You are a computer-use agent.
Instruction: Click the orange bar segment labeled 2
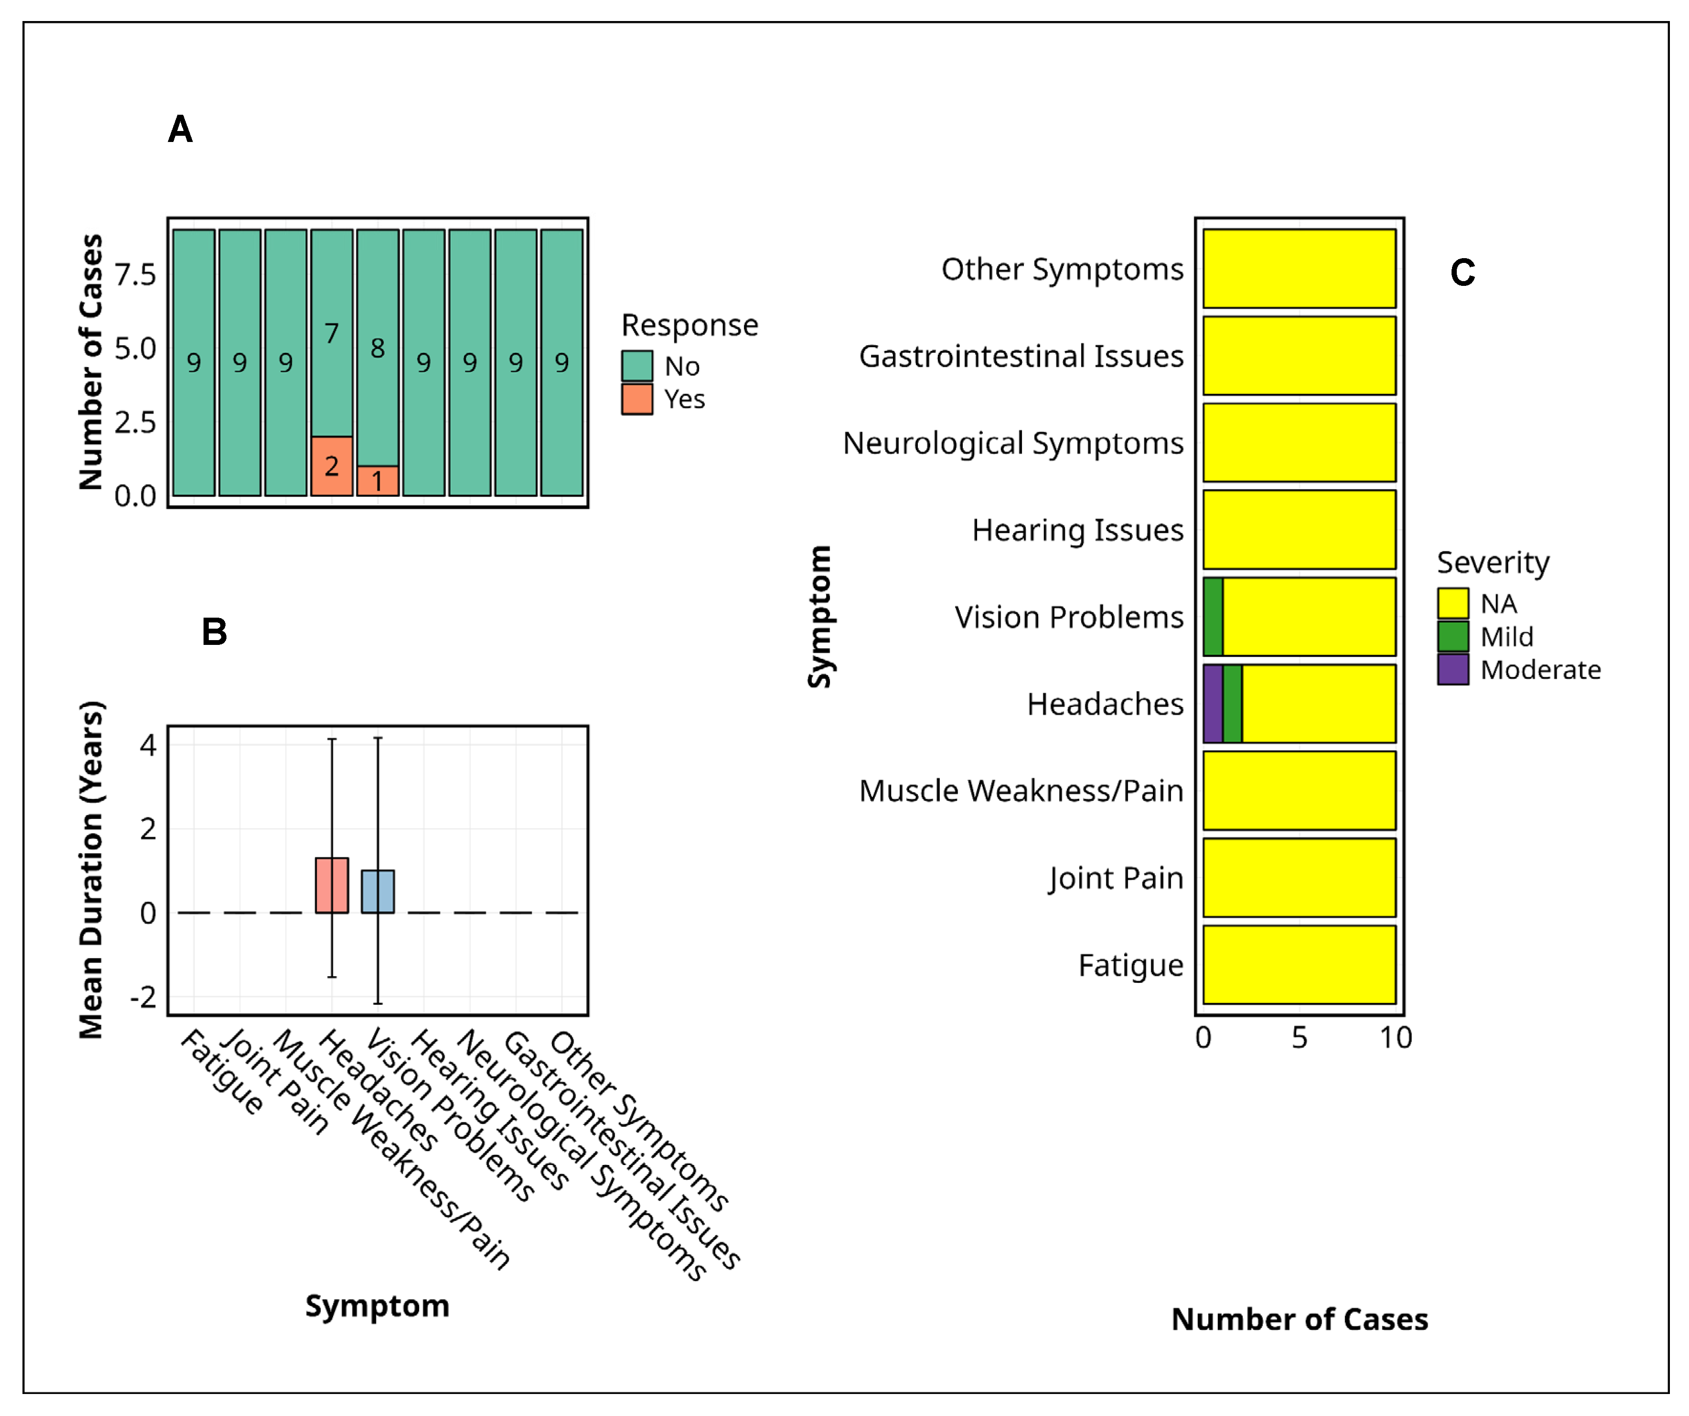[332, 466]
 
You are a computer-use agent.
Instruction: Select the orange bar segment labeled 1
[377, 481]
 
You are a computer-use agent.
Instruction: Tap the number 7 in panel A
[332, 333]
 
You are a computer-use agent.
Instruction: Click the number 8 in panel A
[377, 349]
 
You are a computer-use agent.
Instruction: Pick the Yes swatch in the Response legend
[636, 399]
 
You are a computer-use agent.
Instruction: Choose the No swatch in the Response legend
[636, 366]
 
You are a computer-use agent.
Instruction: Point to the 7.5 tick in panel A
[135, 275]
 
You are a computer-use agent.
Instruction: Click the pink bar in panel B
[332, 885]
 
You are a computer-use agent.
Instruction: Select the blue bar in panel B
[377, 892]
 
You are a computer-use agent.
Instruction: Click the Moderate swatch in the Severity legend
[1452, 669]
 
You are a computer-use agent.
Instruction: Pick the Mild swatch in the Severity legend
[1452, 636]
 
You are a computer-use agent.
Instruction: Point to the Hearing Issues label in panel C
[1078, 530]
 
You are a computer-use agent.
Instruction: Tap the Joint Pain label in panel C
[1116, 878]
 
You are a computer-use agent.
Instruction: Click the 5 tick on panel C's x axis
[1299, 1038]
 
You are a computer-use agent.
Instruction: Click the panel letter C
[1462, 273]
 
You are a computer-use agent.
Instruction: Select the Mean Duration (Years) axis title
[91, 869]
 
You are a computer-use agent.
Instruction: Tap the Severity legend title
[1493, 562]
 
